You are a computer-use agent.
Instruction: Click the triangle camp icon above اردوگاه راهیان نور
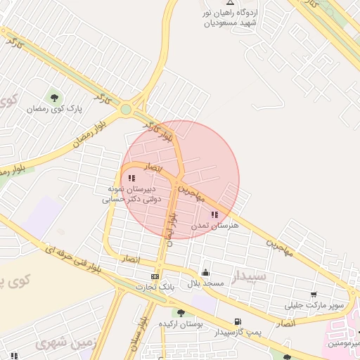(x=230, y=3)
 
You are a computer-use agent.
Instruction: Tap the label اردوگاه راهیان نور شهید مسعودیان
(x=230, y=18)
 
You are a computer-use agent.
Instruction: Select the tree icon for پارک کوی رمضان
(x=54, y=98)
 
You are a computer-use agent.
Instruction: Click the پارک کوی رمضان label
(x=55, y=109)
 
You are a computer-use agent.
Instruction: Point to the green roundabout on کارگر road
(x=126, y=109)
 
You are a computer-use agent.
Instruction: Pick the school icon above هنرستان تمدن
(x=214, y=214)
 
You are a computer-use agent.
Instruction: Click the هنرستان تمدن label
(x=215, y=225)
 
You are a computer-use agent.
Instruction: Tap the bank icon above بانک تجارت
(x=155, y=276)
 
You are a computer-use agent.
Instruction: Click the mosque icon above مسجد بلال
(x=205, y=272)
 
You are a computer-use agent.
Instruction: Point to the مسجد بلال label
(x=205, y=283)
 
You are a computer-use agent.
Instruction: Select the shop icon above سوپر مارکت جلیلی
(x=313, y=295)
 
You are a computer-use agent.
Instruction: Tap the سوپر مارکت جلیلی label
(x=314, y=306)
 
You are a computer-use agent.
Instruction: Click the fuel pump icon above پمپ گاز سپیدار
(x=236, y=321)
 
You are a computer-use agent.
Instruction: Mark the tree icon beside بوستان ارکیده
(x=181, y=313)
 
